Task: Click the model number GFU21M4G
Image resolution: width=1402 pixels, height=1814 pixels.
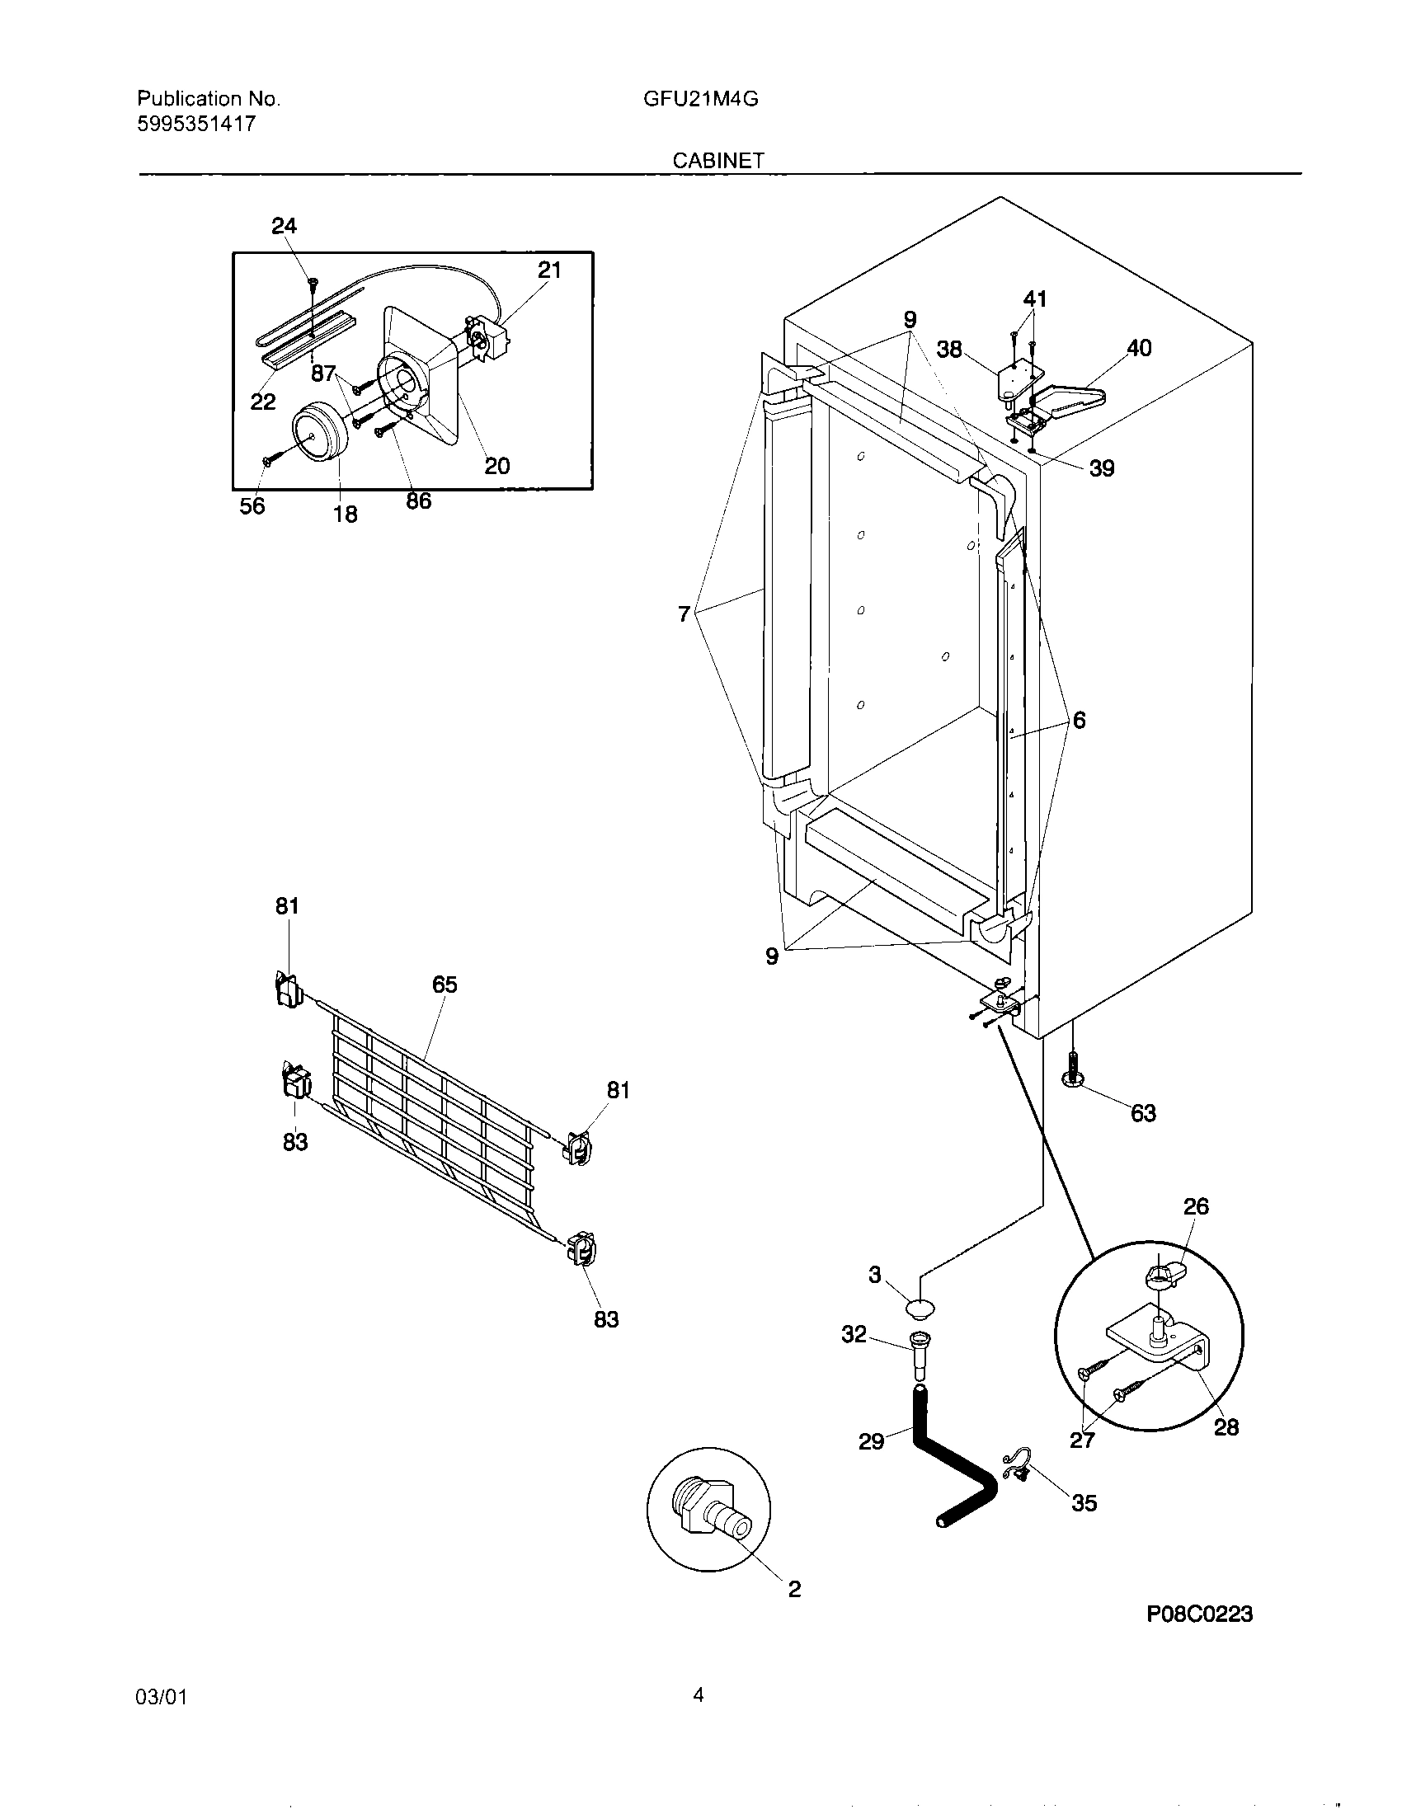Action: point(700,100)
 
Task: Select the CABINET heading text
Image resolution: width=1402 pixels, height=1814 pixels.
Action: point(717,161)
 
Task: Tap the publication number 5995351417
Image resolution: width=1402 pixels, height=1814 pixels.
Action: point(196,125)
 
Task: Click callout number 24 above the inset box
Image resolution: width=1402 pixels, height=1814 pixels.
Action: point(284,226)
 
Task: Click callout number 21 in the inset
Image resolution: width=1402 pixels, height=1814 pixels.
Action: point(549,270)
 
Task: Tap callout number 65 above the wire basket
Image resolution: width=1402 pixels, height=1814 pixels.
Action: point(445,985)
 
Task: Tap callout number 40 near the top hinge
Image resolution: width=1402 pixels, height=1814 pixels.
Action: point(1139,348)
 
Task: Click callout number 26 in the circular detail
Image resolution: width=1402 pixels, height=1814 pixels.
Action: point(1195,1206)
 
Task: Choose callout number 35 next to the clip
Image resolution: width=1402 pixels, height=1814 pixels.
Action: point(1084,1502)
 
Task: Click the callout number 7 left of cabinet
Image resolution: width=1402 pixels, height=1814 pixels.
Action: point(684,614)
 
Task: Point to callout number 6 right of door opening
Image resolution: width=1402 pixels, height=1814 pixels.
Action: point(1078,720)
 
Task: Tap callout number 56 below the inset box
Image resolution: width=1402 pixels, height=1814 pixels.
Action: point(252,505)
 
